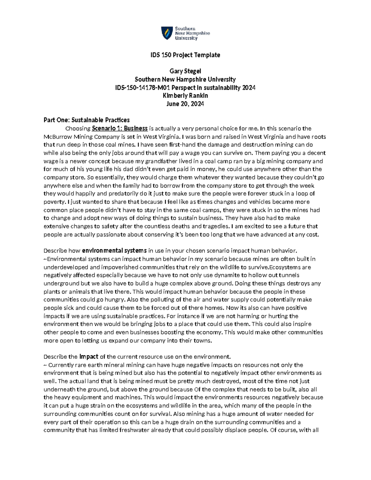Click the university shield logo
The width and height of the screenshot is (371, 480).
coord(167,33)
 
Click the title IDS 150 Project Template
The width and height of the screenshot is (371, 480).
coord(185,55)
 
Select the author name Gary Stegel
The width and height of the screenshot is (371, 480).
coord(185,71)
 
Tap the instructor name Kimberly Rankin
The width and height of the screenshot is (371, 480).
coord(185,96)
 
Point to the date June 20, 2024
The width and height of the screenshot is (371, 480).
coord(185,104)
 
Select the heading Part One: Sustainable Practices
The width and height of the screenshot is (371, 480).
coord(87,120)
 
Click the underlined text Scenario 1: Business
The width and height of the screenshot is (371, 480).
coord(120,128)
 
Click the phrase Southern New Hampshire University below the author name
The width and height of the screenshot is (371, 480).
coord(185,79)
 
